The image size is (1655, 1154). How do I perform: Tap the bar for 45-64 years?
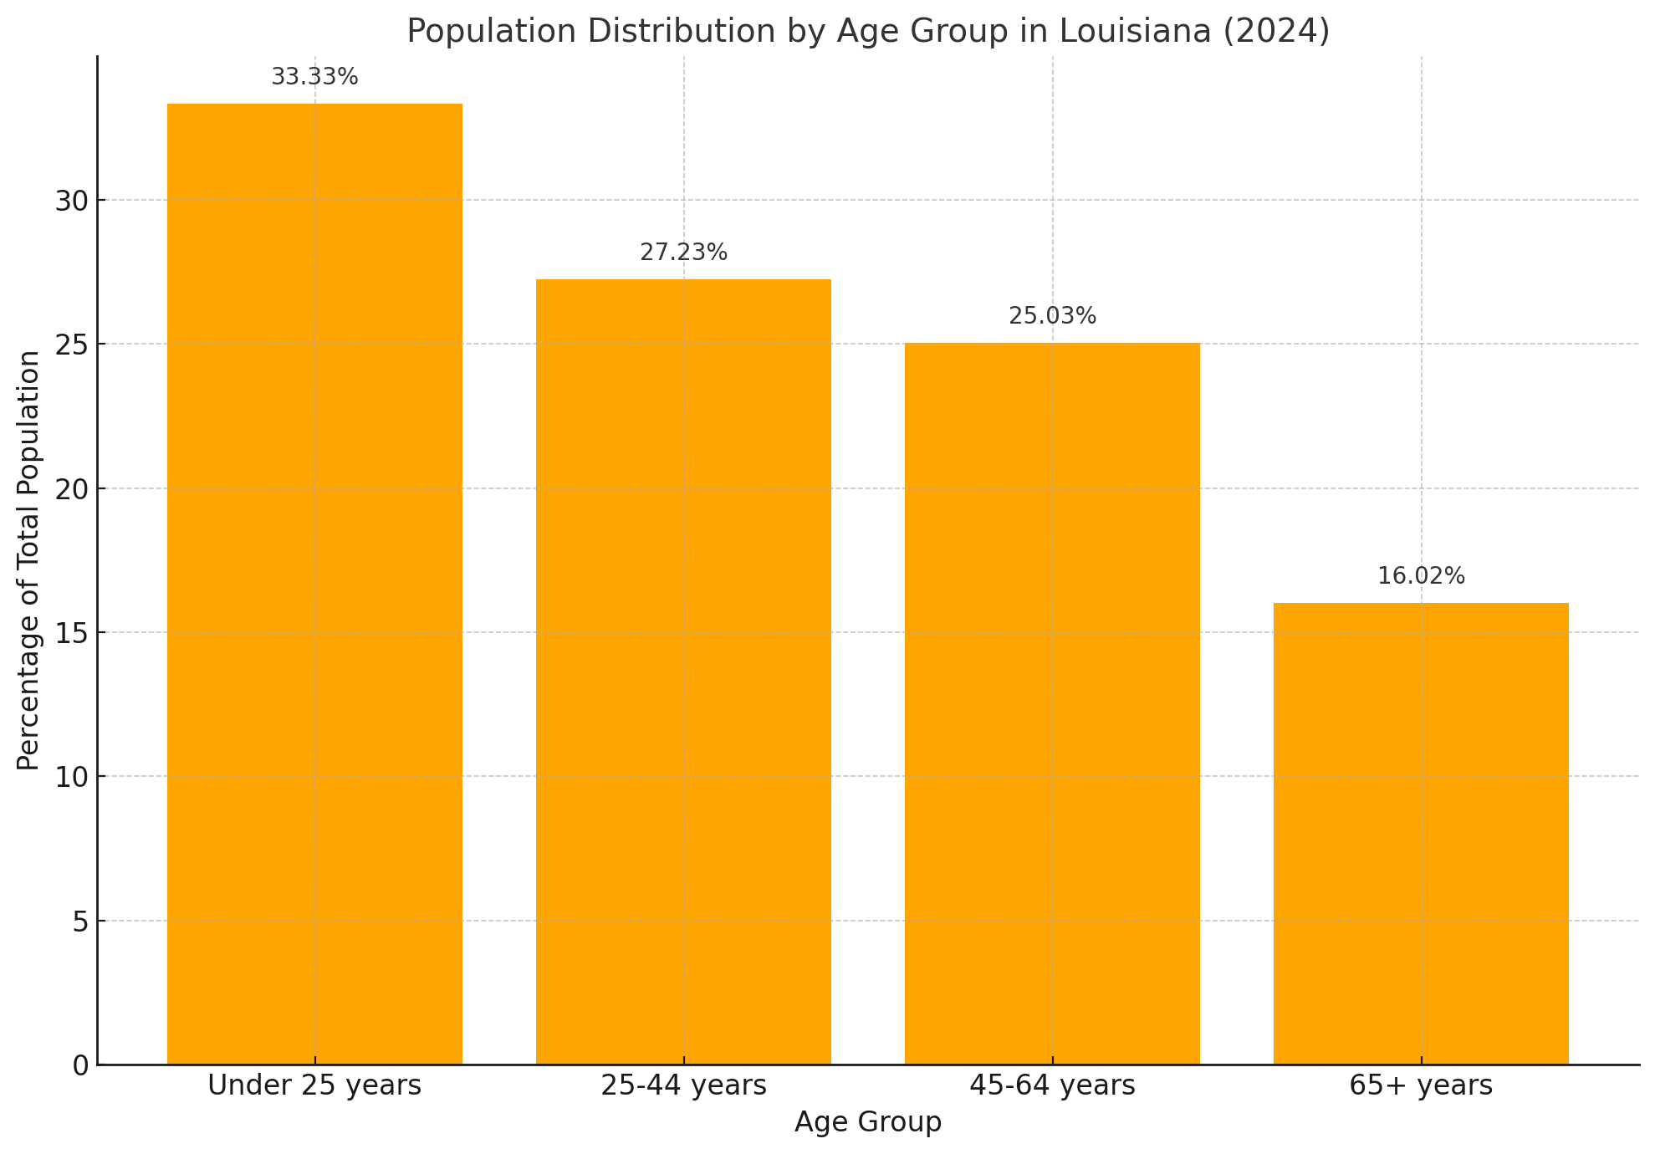coord(1052,703)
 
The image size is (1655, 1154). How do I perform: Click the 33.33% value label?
coord(314,77)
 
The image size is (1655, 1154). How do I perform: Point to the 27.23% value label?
coord(683,253)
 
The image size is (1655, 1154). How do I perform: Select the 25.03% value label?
coord(1052,316)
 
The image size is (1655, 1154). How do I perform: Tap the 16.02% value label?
coord(1421,576)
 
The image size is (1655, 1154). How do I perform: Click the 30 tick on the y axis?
coord(72,201)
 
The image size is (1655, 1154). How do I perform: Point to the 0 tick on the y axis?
coord(80,1065)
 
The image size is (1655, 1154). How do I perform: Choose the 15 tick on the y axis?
coord(72,633)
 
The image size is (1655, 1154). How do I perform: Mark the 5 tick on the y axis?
coord(80,922)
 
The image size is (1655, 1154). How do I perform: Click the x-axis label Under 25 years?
coord(314,1085)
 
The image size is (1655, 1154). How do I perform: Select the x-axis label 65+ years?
coord(1421,1085)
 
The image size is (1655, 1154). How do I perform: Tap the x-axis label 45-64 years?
coord(1052,1085)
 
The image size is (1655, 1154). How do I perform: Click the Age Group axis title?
coord(867,1122)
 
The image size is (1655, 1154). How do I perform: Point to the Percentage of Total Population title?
coord(28,560)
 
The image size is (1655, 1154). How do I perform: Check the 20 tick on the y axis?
coord(72,489)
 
